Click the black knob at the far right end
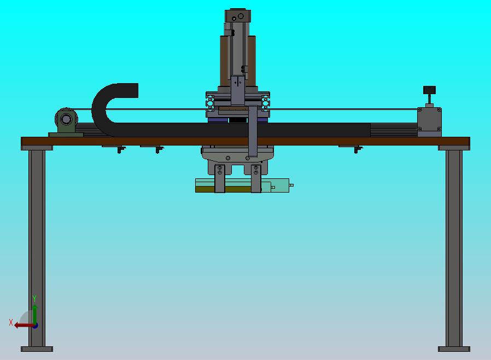(429, 90)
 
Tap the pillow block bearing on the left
(66, 121)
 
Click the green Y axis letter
(34, 298)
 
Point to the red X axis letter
(11, 322)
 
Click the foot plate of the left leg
(37, 349)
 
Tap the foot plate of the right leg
(454, 349)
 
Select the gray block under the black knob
(429, 122)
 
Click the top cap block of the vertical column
(238, 16)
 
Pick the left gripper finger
(219, 178)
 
